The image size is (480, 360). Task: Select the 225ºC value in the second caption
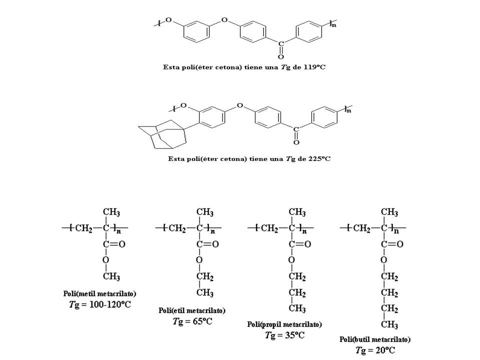319,159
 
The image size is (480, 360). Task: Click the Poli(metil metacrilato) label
100,293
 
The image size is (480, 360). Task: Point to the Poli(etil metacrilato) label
192,310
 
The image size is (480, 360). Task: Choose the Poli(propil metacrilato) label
284,324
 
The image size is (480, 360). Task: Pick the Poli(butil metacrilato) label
375,339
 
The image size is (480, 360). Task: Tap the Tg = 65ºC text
192,321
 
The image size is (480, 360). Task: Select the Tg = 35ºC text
284,335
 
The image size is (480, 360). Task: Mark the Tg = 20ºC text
375,350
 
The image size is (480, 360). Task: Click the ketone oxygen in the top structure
281,56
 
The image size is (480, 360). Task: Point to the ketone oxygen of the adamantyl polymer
296,142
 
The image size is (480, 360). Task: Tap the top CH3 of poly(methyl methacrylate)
111,212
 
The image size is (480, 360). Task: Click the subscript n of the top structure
333,26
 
